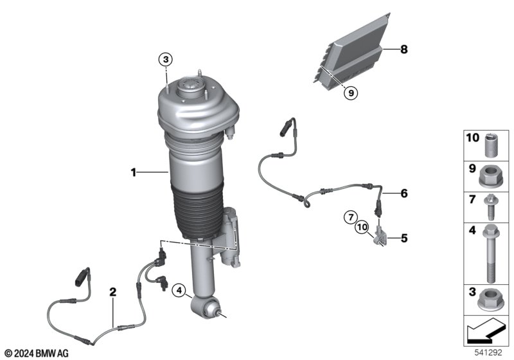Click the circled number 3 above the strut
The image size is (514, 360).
[x=166, y=60]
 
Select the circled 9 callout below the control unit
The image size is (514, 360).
[x=351, y=93]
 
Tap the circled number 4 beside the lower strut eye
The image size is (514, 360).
[x=179, y=290]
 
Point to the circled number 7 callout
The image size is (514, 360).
[x=351, y=217]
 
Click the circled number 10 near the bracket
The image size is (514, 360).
[x=362, y=227]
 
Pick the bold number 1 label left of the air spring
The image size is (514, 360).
[x=134, y=172]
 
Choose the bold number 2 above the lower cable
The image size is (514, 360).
[x=113, y=292]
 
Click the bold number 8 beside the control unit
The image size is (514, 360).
[x=404, y=50]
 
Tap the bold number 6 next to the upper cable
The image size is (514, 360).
[x=404, y=194]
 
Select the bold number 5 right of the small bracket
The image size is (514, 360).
[x=404, y=239]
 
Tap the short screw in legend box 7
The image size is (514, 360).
[x=490, y=207]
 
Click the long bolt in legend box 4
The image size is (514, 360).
[x=491, y=253]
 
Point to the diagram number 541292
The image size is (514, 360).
[x=488, y=353]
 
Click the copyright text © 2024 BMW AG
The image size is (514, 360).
[x=37, y=354]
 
